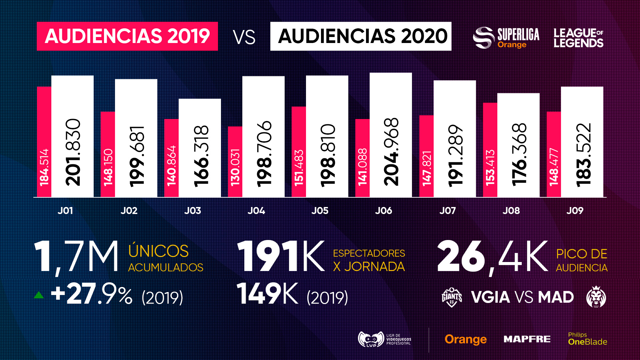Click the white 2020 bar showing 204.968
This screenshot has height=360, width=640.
click(391, 135)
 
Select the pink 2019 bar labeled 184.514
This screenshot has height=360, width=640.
click(44, 142)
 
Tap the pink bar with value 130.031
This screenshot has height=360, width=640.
click(235, 162)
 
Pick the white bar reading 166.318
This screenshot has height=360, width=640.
click(200, 148)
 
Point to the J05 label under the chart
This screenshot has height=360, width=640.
click(320, 211)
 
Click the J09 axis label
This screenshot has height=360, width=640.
click(575, 211)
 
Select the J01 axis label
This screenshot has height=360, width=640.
click(65, 211)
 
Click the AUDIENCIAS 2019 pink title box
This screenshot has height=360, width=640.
click(127, 36)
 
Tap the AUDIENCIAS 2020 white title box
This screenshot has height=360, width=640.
click(361, 36)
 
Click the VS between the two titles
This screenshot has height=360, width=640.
click(244, 37)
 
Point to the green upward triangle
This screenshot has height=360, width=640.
click(39, 295)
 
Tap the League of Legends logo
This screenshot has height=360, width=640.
click(578, 38)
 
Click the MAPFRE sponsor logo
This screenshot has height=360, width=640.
click(527, 339)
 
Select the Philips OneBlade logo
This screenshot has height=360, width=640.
click(587, 339)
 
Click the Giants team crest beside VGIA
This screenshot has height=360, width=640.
click(452, 297)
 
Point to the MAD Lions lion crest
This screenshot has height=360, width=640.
click(596, 297)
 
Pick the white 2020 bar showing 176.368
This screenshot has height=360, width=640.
click(518, 145)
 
